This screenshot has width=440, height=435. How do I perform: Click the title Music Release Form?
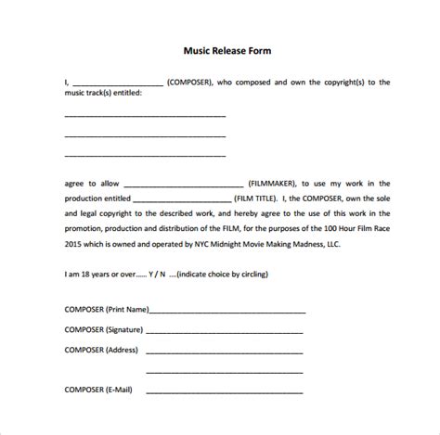click(x=220, y=50)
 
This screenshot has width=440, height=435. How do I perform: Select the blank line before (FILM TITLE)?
click(x=182, y=198)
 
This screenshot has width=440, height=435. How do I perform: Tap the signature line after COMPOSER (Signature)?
click(x=224, y=331)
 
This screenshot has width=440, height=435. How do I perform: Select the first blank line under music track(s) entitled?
click(x=145, y=116)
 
